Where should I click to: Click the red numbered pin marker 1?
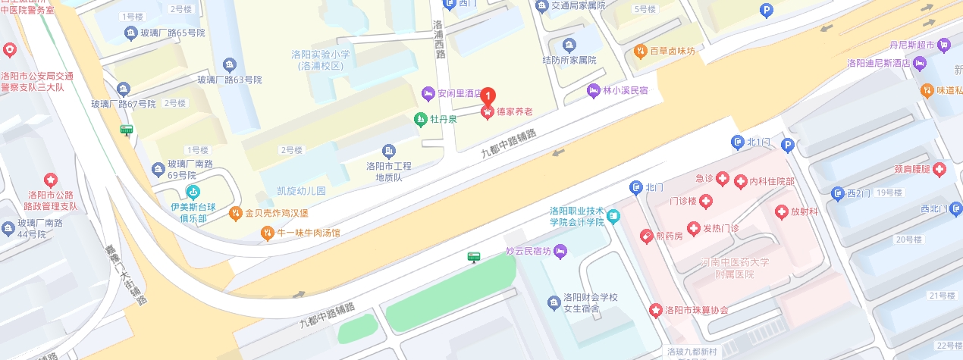[489, 96]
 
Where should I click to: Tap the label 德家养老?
[514, 112]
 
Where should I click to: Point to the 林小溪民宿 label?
[625, 91]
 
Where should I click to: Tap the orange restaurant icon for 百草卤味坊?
[640, 51]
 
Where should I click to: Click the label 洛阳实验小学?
[322, 55]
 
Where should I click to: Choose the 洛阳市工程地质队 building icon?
[389, 151]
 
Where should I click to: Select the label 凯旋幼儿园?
[301, 191]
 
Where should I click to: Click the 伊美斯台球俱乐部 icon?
[193, 193]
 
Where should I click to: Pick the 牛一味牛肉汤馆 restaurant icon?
[267, 233]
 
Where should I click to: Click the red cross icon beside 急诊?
[723, 180]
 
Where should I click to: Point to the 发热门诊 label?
[720, 228]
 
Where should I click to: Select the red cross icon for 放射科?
[781, 212]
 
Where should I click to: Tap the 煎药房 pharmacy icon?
[646, 236]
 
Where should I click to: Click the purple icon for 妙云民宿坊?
[560, 251]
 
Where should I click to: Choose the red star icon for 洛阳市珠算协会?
[655, 310]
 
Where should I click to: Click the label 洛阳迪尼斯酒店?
[878, 63]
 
